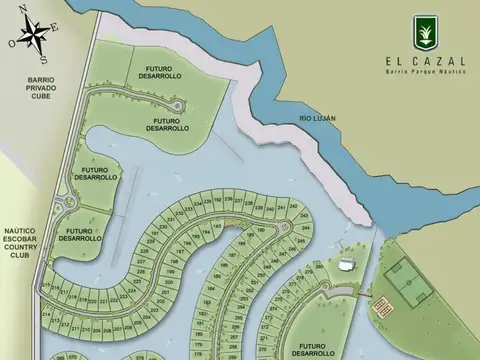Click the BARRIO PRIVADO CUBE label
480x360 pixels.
click(x=27, y=87)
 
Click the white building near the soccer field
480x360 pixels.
click(x=346, y=266)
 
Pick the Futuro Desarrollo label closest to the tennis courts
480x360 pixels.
click(x=315, y=347)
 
